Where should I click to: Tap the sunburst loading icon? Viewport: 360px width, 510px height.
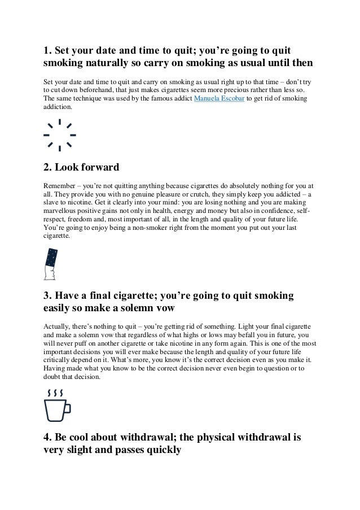pyautogui.click(x=60, y=136)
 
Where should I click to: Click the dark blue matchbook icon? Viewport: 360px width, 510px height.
pyautogui.click(x=50, y=263)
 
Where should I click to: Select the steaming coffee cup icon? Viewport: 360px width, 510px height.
pyautogui.click(x=56, y=406)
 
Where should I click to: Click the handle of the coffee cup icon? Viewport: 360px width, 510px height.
pyautogui.click(x=67, y=408)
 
